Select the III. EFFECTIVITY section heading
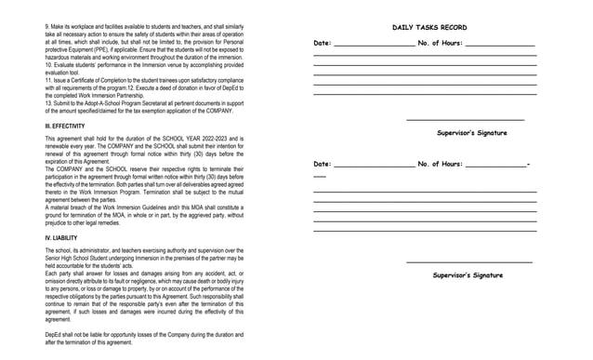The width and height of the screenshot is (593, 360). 65,126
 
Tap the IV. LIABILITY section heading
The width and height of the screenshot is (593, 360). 61,238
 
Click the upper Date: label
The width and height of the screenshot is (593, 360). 323,44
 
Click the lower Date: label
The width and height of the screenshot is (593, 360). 323,165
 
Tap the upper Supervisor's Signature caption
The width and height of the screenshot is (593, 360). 471,133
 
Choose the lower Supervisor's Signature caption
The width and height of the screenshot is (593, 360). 468,275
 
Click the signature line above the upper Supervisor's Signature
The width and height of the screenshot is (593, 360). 465,120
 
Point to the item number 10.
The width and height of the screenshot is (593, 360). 48,64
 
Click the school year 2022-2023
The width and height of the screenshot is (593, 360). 205,139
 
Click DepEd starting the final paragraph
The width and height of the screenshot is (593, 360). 53,334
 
